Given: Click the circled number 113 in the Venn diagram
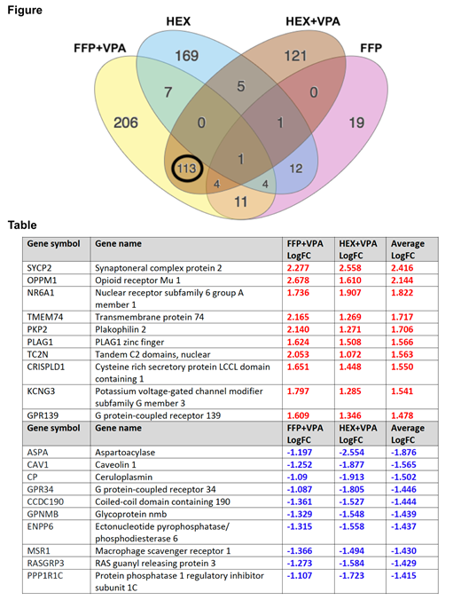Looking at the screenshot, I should (x=187, y=166).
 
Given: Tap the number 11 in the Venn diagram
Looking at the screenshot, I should (x=240, y=201).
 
